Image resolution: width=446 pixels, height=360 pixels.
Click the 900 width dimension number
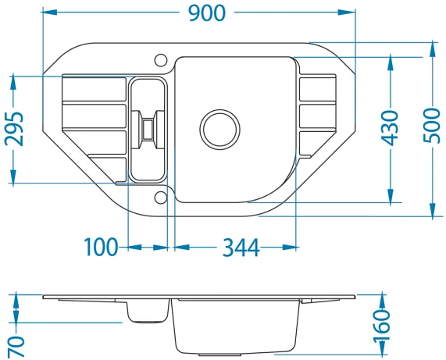[207, 13]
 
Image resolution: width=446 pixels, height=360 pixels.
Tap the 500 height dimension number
[432, 126]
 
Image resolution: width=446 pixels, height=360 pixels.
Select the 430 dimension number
[390, 128]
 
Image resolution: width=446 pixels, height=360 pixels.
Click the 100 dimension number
[101, 247]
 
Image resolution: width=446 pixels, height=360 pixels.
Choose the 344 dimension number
[241, 248]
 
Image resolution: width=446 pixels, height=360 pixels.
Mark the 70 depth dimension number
[16, 347]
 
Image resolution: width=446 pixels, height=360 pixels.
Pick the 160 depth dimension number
[381, 326]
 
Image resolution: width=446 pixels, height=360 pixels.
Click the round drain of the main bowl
[219, 130]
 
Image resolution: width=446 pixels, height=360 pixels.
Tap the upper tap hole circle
[161, 60]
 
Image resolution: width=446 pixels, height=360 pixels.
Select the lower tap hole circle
[161, 198]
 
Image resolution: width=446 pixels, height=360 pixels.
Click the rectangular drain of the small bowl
[148, 130]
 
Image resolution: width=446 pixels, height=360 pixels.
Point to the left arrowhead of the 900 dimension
[49, 12]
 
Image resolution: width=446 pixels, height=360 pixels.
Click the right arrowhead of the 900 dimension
[348, 12]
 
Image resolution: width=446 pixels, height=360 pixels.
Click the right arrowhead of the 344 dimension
[289, 247]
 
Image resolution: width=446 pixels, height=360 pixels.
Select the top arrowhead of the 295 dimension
[13, 84]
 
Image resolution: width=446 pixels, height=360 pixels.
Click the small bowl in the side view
[148, 312]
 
